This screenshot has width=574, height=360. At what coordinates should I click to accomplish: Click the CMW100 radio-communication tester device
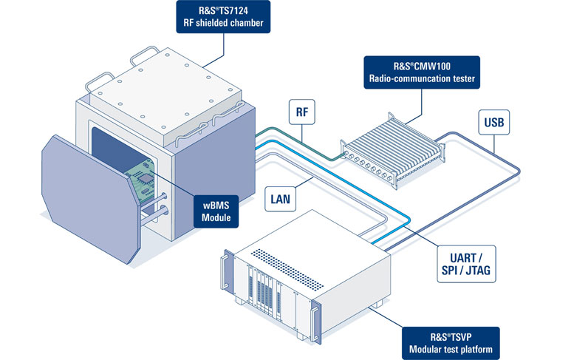click(394, 149)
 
